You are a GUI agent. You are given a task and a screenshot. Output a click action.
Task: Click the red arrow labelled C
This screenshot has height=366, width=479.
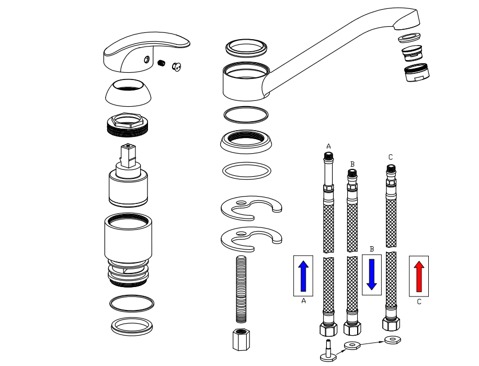tap(418, 276)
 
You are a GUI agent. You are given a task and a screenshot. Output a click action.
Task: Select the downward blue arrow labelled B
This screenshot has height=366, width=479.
tap(372, 272)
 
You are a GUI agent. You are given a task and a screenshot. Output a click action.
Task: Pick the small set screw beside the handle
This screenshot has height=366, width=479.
tap(162, 63)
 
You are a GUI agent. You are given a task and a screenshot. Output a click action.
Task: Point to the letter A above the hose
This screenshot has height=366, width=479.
tap(328, 146)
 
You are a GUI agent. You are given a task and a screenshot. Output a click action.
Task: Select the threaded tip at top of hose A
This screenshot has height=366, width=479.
tap(328, 156)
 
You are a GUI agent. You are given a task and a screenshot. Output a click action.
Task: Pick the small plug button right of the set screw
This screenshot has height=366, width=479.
tap(176, 67)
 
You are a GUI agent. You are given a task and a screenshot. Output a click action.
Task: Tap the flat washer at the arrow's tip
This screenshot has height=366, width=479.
tap(390, 340)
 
